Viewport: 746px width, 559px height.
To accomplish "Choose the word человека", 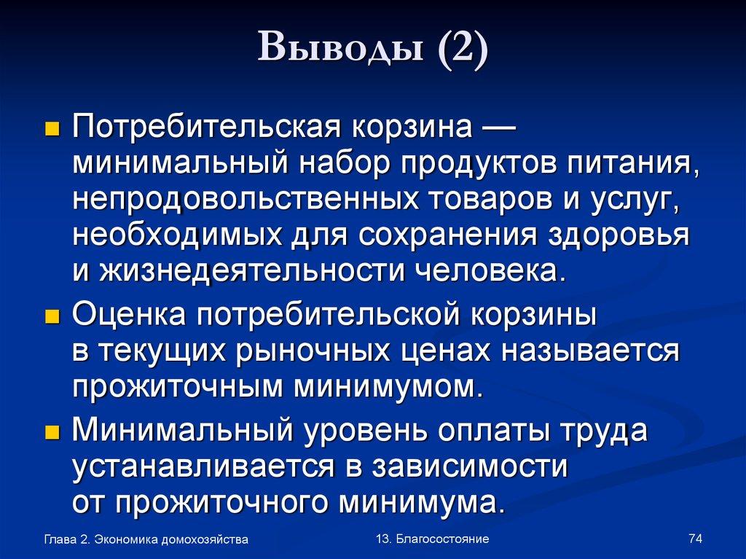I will pyautogui.click(x=490, y=271).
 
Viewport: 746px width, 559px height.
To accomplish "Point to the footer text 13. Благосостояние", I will pyautogui.click(x=433, y=539).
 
